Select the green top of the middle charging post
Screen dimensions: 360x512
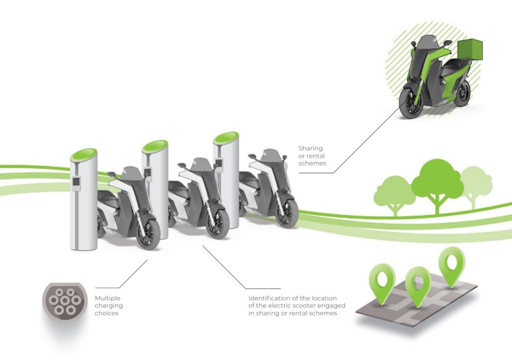tap(155, 146)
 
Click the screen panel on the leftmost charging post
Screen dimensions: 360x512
tap(77, 182)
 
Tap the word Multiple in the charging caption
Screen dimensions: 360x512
tap(108, 298)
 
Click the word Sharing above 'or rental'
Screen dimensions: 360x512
tap(310, 148)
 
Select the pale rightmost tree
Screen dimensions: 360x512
tap(476, 182)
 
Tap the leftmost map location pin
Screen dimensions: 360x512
tap(383, 281)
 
